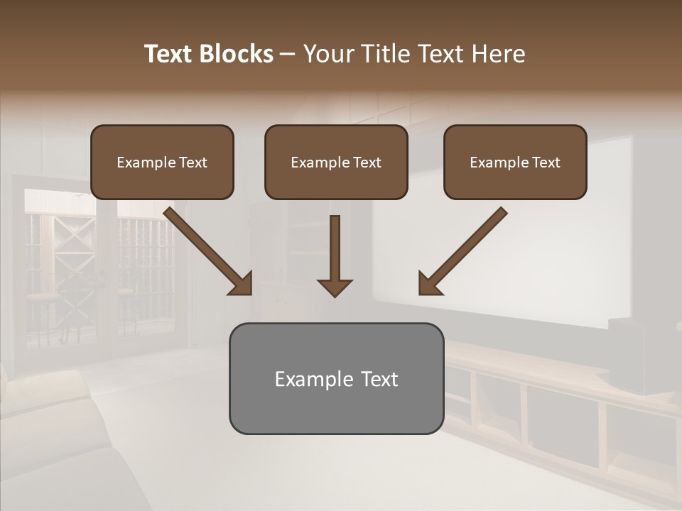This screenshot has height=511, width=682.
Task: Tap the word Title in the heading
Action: pos(386,54)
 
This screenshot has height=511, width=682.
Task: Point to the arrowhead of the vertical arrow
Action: pos(335,287)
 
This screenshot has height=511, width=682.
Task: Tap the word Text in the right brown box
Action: pos(546,163)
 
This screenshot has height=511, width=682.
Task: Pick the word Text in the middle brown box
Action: pos(367,163)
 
